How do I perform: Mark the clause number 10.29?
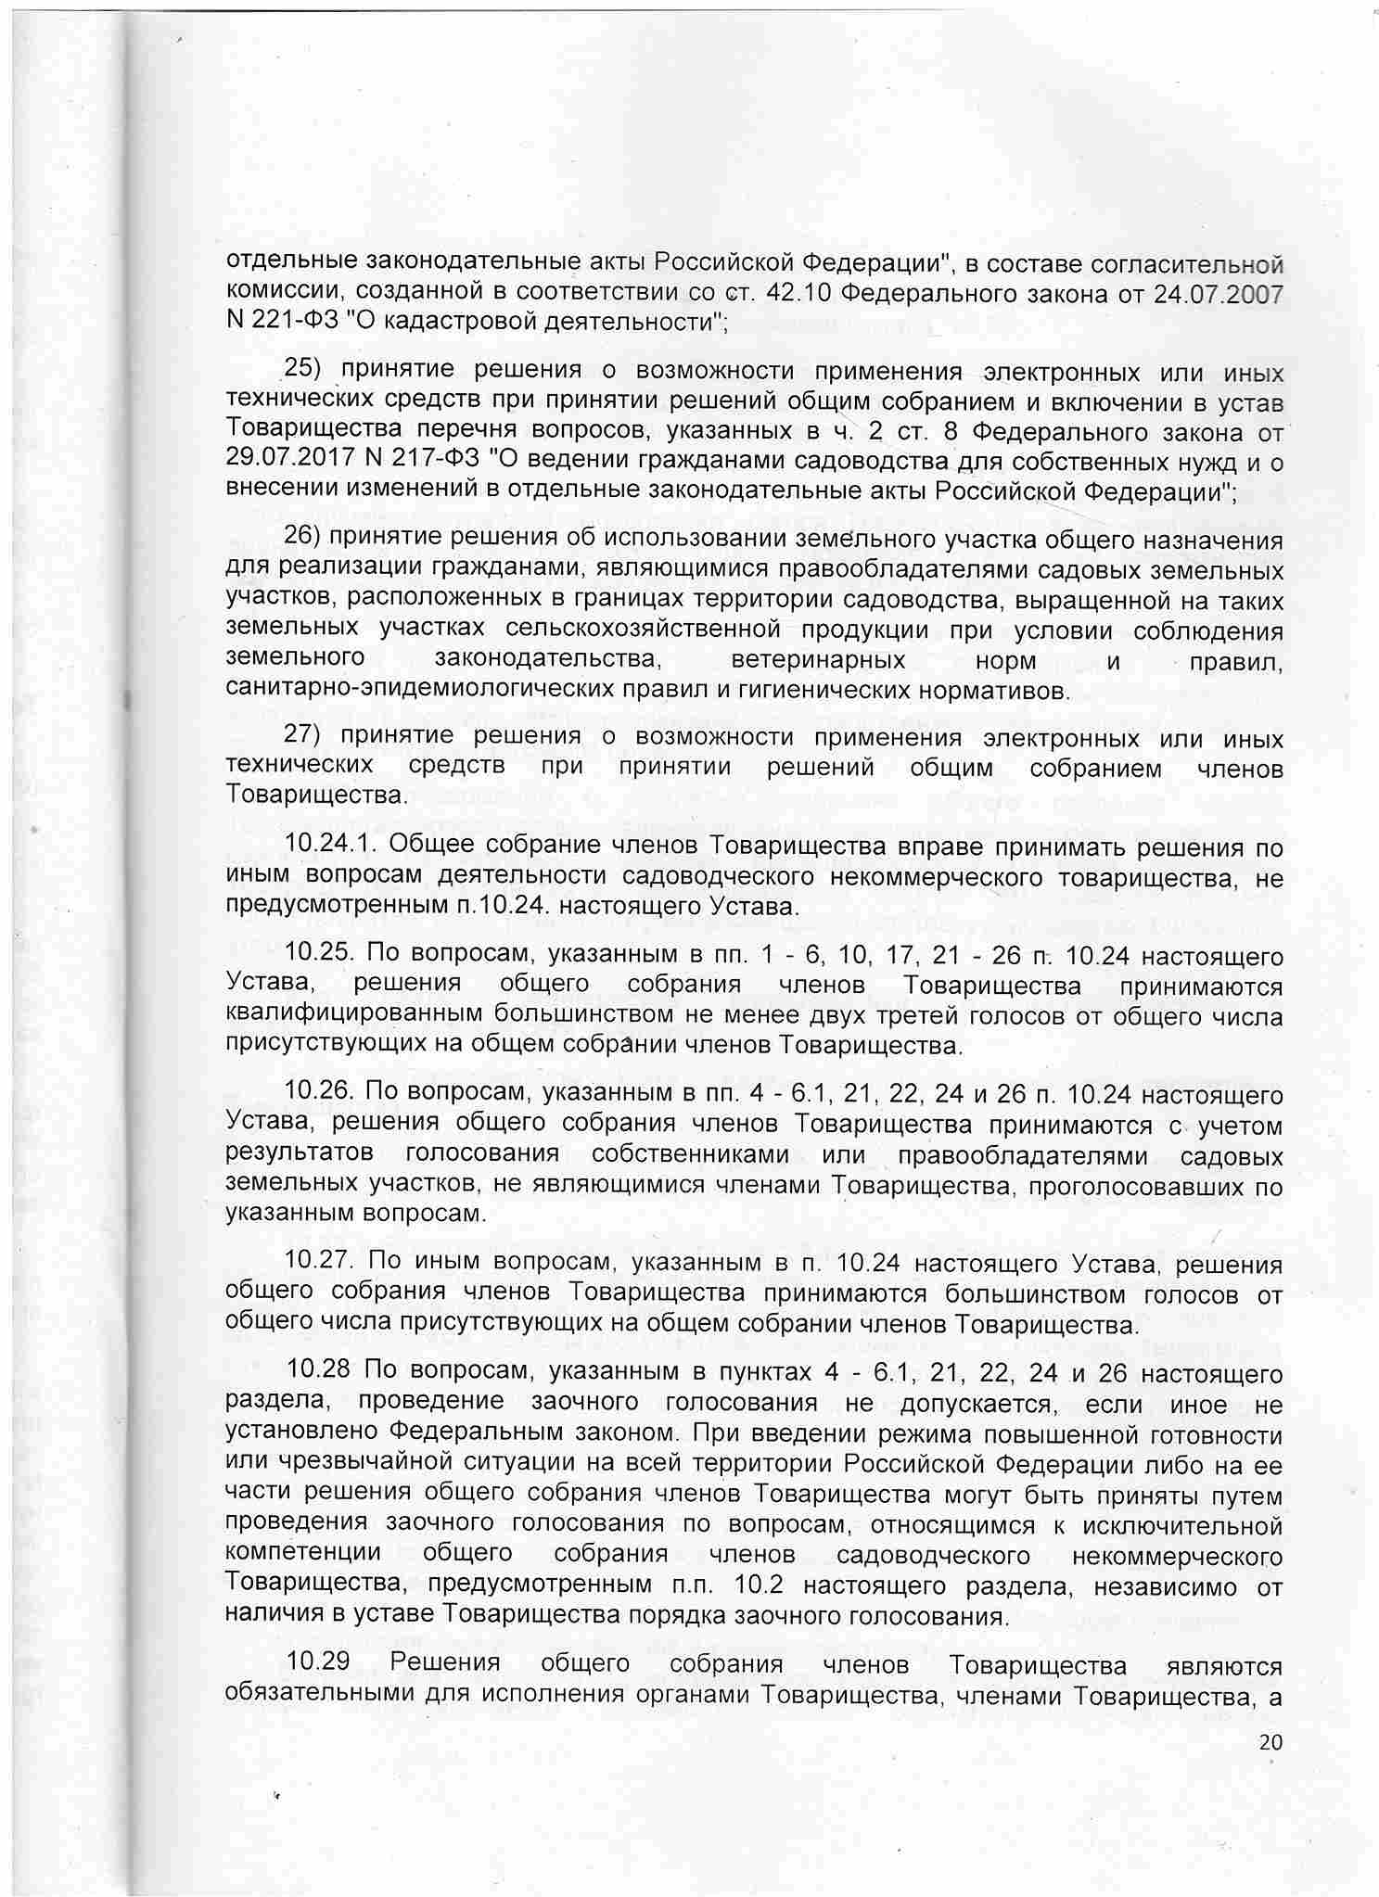(x=315, y=1664)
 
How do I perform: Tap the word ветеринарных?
(x=818, y=661)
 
